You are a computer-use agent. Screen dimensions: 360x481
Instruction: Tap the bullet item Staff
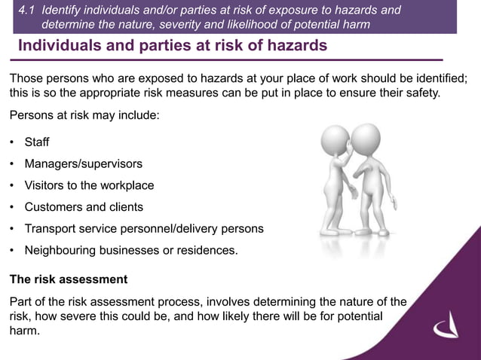37,142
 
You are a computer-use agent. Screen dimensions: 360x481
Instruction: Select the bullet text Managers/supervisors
83,163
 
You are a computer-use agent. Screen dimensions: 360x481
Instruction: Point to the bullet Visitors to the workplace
89,185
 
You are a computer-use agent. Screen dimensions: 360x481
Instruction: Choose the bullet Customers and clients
84,206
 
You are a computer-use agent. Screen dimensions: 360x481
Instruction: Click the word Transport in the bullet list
51,228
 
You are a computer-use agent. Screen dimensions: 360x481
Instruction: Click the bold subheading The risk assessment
69,279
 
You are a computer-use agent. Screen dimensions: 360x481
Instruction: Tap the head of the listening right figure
366,139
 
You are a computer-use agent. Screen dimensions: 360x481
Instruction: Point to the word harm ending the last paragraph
23,331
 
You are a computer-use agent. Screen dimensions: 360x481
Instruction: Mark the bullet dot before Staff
12,143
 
